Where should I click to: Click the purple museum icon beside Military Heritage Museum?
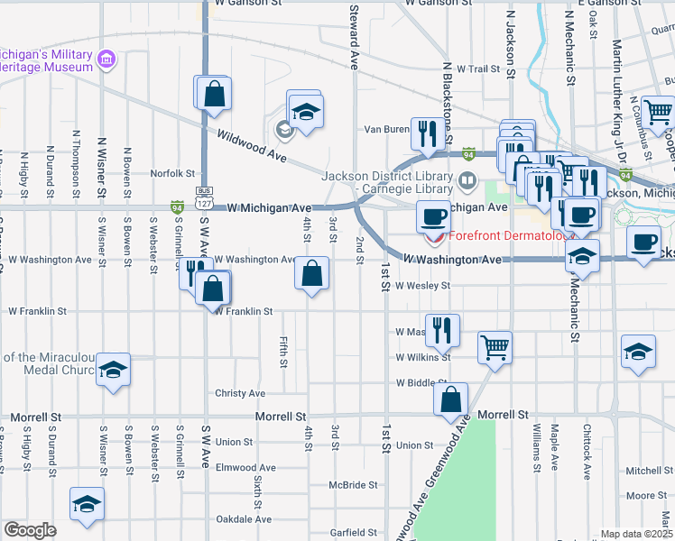[107, 60]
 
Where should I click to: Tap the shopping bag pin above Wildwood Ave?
[214, 93]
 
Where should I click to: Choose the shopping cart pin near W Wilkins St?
[495, 346]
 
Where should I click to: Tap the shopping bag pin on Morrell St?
[451, 399]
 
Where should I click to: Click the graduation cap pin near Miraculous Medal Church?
[114, 371]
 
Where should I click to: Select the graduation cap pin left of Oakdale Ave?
[87, 504]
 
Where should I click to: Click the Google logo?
[30, 529]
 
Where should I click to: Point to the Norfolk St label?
[172, 173]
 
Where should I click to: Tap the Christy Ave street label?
[240, 393]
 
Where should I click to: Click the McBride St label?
[353, 484]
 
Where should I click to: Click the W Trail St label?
[478, 69]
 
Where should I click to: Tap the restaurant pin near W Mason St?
[442, 330]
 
